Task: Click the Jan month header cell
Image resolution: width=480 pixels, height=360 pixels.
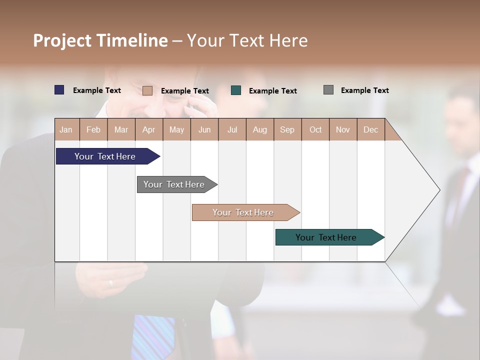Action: (66, 129)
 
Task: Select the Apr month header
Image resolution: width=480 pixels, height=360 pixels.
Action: (149, 129)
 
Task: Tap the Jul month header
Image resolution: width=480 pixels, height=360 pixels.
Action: (232, 129)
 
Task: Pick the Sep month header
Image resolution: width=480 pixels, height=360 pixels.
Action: (287, 129)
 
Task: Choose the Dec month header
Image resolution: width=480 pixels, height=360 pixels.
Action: (370, 129)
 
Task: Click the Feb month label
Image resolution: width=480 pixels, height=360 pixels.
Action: (93, 129)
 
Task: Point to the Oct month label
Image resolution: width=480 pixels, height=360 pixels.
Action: (315, 129)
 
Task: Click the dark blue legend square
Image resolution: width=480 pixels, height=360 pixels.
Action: (59, 90)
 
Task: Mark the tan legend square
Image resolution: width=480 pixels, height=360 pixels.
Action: (147, 90)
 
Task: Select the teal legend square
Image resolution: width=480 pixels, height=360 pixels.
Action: (236, 90)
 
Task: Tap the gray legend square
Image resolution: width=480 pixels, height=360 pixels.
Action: (328, 90)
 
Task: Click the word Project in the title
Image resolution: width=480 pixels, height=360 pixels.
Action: (62, 40)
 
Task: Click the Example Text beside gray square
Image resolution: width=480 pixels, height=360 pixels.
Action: (364, 90)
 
